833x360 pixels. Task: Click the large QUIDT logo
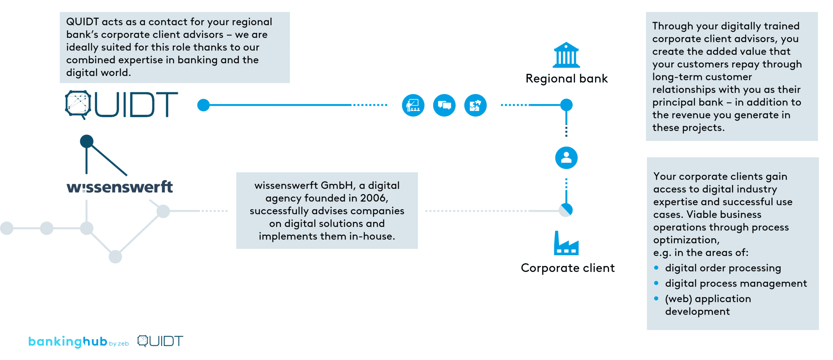click(121, 105)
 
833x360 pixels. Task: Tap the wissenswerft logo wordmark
click(119, 187)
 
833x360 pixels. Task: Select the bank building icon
click(566, 55)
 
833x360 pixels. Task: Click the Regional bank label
click(567, 79)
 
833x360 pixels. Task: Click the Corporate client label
click(567, 268)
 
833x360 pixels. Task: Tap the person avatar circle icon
click(566, 158)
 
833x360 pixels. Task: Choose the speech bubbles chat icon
click(444, 105)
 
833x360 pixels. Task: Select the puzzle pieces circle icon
click(475, 105)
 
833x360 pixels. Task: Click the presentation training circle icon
click(413, 105)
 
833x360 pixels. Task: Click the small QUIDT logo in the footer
click(160, 341)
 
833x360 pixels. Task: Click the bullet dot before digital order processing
click(656, 268)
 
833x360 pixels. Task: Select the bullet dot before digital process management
click(656, 283)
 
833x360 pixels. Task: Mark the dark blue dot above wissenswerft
click(87, 141)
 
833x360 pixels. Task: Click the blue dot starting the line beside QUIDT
click(203, 105)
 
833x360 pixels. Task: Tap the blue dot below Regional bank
click(566, 105)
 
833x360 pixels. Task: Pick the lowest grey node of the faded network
click(115, 257)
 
